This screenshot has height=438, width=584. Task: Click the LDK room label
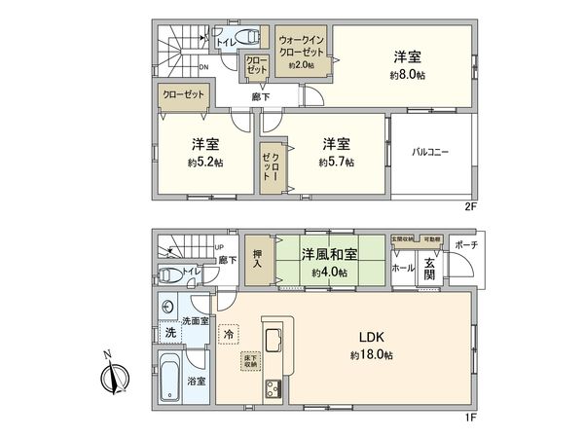coord(373,338)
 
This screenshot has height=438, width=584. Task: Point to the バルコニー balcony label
coord(429,152)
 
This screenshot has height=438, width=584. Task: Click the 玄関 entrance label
coord(429,267)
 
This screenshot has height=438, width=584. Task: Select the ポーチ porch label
coord(465,244)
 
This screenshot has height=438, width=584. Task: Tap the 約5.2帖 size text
coord(205,163)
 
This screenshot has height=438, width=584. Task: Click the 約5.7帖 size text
coord(336,163)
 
